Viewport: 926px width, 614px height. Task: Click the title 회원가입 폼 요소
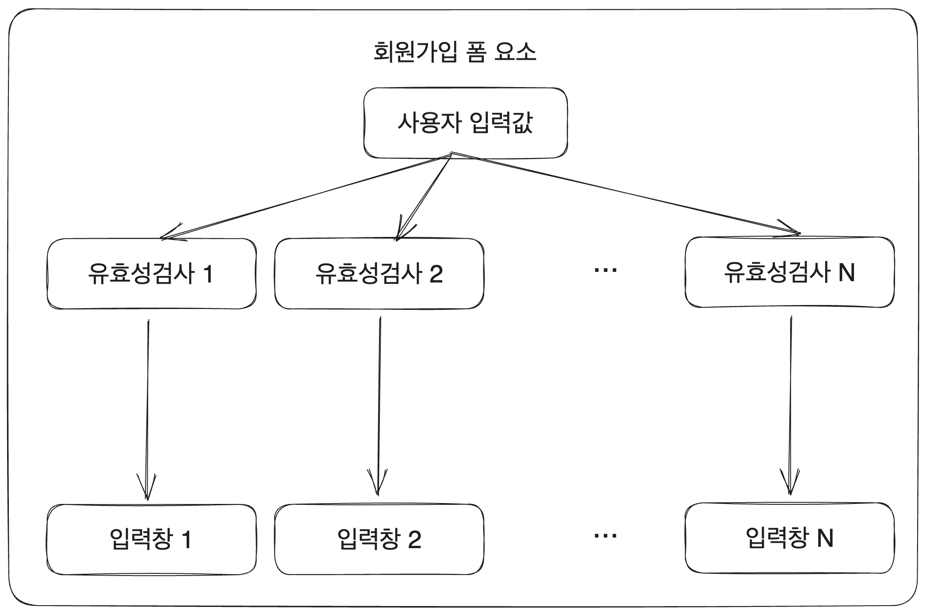click(x=455, y=52)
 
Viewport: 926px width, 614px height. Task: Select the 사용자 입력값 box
click(x=465, y=123)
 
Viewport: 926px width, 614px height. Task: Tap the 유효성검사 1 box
click(x=151, y=274)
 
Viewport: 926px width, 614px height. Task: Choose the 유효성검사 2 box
click(x=379, y=274)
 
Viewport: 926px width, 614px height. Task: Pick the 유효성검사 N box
click(x=789, y=272)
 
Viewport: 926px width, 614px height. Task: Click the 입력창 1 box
click(x=151, y=539)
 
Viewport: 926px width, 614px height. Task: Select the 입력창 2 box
click(x=379, y=539)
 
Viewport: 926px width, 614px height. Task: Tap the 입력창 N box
click(x=789, y=538)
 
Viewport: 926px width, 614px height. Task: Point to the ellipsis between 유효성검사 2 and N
click(x=605, y=270)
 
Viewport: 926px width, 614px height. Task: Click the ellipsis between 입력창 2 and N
click(x=605, y=536)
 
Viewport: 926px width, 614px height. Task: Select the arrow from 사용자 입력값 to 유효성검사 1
click(x=305, y=196)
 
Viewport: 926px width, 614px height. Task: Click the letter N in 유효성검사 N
click(x=846, y=272)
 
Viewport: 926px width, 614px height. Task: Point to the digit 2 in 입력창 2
click(x=414, y=540)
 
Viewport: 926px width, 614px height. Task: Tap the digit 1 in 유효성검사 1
click(x=208, y=274)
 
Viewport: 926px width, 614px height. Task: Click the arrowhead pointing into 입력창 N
click(x=790, y=484)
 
